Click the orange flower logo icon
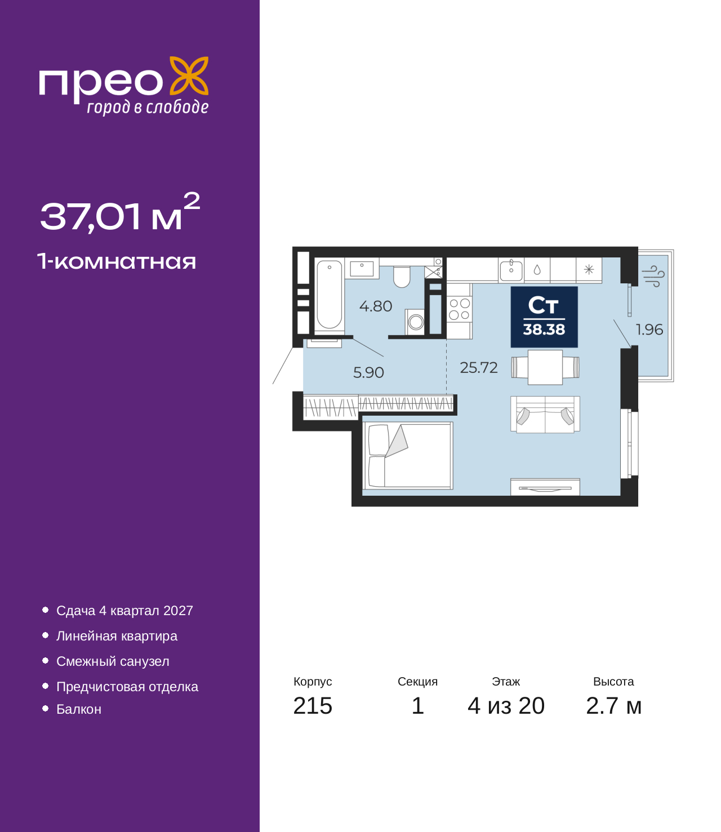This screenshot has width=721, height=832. pyautogui.click(x=189, y=75)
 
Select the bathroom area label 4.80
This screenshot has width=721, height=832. pyautogui.click(x=376, y=306)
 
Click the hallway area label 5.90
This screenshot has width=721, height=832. pyautogui.click(x=368, y=372)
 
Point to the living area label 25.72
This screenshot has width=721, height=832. pyautogui.click(x=479, y=367)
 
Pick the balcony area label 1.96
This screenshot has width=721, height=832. pyautogui.click(x=649, y=330)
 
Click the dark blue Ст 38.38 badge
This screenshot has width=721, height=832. pyautogui.click(x=544, y=317)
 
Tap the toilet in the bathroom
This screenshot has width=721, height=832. pyautogui.click(x=402, y=277)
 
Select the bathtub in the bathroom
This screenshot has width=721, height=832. pyautogui.click(x=330, y=294)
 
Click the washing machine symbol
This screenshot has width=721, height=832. pyautogui.click(x=415, y=322)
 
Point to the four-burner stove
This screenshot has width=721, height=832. pyautogui.click(x=459, y=309)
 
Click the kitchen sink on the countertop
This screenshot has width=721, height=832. pyautogui.click(x=511, y=270)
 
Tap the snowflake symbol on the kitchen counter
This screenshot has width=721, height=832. pyautogui.click(x=589, y=269)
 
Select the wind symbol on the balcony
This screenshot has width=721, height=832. pyautogui.click(x=653, y=275)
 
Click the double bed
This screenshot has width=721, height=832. pyautogui.click(x=408, y=455)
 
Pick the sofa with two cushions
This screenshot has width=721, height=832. pyautogui.click(x=545, y=414)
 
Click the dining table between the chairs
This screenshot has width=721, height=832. pyautogui.click(x=545, y=367)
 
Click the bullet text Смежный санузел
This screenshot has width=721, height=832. pyautogui.click(x=113, y=661)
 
